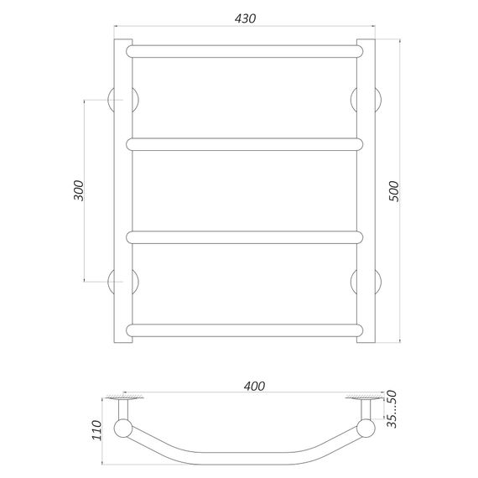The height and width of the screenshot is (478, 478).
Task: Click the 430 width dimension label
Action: click(x=245, y=18)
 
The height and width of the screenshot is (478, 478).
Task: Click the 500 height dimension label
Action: click(x=394, y=191)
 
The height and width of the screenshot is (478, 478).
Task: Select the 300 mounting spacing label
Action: click(x=78, y=190)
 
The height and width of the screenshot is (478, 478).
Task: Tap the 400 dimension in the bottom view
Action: click(x=254, y=387)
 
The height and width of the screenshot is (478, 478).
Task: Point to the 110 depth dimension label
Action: click(x=96, y=430)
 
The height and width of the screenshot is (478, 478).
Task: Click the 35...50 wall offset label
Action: click(x=392, y=409)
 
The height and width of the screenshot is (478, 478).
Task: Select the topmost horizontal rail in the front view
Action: click(x=245, y=51)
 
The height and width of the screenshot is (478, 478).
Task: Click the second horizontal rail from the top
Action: click(x=245, y=144)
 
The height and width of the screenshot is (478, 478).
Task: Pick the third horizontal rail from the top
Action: click(x=245, y=237)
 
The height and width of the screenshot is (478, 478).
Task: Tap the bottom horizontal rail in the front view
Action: click(x=245, y=330)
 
